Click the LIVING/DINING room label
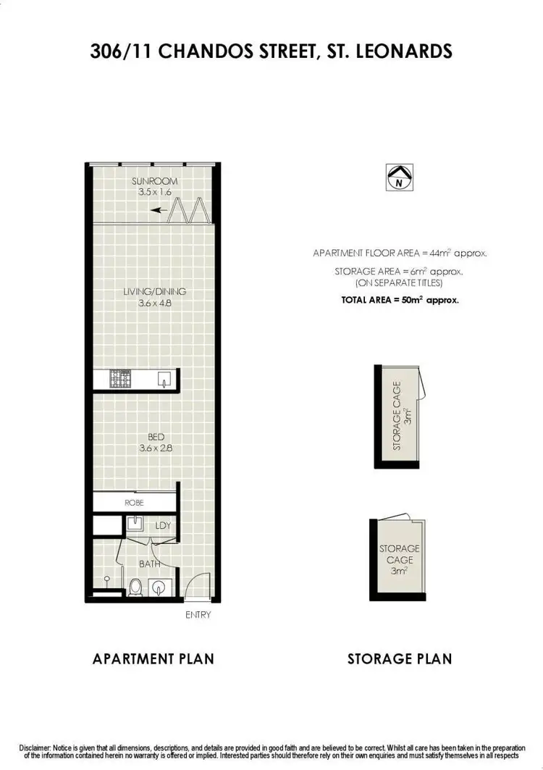(x=154, y=292)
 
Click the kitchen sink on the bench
(x=165, y=378)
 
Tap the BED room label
(x=156, y=437)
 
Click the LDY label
(x=163, y=525)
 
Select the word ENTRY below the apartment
(x=198, y=615)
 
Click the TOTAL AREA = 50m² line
(x=400, y=299)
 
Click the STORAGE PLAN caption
(x=400, y=658)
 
